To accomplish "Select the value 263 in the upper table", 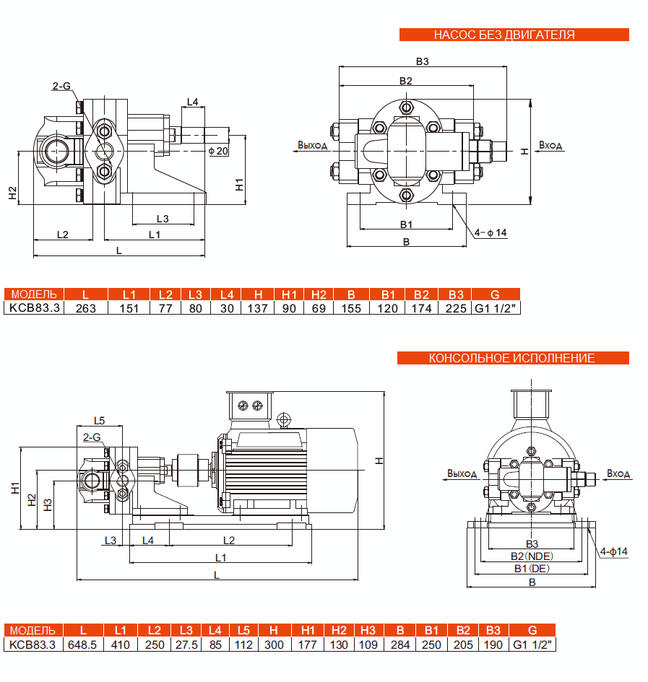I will pos(86,308).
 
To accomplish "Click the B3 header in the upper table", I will pos(455,294).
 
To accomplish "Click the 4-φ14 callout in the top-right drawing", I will pos(491,232).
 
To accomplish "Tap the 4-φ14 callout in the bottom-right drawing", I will pos(614,551).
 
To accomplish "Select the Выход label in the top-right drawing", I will pos(312,145).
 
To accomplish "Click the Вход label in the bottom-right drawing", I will pos(618,474).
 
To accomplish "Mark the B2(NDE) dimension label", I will pos(532,556).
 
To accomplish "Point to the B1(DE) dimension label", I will pos(532,569).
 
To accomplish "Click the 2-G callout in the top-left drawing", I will pos(61,86).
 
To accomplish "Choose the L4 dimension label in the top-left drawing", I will pos(192,102).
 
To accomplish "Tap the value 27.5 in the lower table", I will pos(186,644).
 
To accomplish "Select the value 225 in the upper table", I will pos(455,308).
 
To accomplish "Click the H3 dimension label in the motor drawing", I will pos(48,504).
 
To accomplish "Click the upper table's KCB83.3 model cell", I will pos(33,308).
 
